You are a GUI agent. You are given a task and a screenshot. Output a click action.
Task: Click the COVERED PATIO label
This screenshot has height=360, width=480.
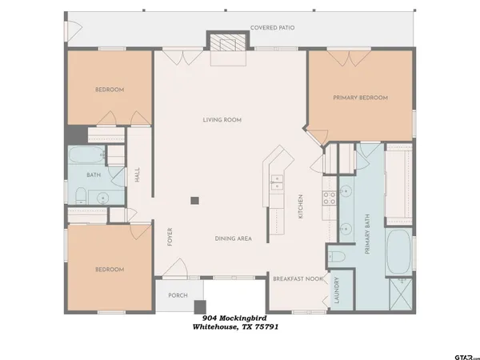click(273, 27)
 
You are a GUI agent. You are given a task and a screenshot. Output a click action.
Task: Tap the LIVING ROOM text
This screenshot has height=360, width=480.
click(222, 120)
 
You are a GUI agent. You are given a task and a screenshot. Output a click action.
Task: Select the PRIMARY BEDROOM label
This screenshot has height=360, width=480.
click(360, 98)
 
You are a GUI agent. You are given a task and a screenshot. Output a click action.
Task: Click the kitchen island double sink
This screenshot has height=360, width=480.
click(278, 187)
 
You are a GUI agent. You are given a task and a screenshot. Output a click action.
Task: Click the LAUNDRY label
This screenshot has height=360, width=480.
click(338, 291)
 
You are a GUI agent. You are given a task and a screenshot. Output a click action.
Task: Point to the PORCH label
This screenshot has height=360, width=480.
click(177, 295)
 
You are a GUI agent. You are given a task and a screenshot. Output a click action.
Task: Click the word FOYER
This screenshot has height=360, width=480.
click(169, 238)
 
